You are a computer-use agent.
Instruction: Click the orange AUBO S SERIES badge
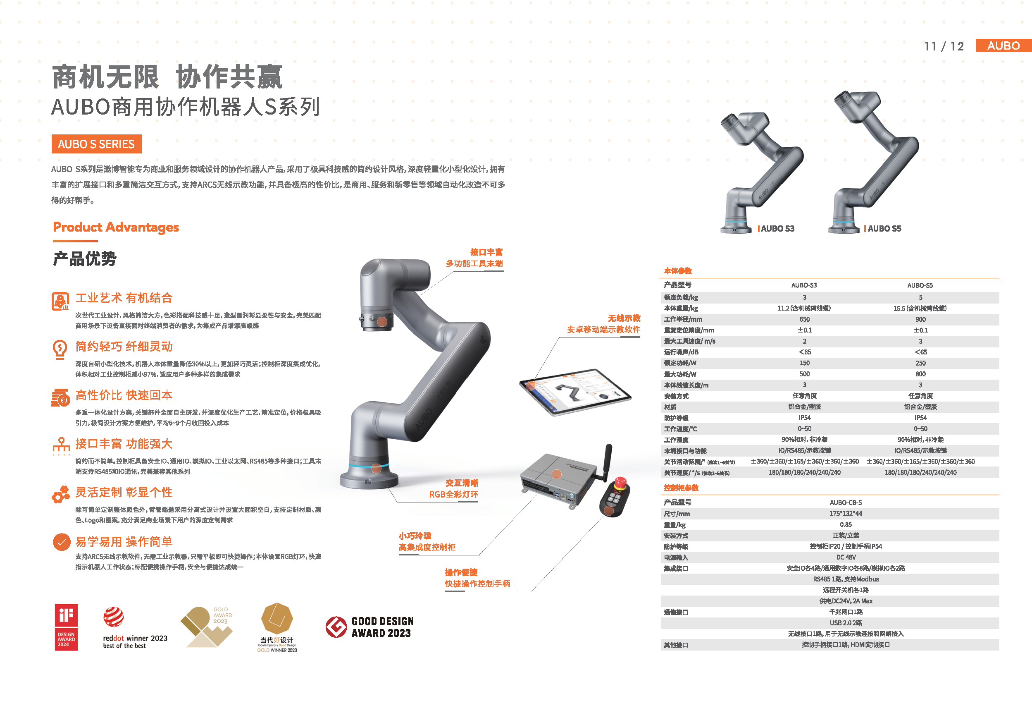click(x=96, y=144)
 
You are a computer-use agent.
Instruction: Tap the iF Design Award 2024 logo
click(x=66, y=627)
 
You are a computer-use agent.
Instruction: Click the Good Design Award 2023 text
click(x=382, y=627)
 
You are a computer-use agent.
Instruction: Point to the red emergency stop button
click(x=620, y=482)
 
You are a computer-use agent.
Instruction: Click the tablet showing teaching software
click(x=575, y=391)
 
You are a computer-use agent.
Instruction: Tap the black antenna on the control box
click(x=607, y=462)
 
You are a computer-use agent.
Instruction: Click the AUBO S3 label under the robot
click(x=777, y=228)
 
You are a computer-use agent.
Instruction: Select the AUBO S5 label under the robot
click(x=884, y=228)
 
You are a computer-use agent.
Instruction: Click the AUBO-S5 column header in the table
click(x=920, y=285)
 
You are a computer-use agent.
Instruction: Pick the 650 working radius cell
click(x=804, y=319)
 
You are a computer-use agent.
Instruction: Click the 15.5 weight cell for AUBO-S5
click(x=920, y=308)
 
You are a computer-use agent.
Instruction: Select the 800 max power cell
click(x=920, y=373)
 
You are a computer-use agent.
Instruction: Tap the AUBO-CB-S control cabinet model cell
click(x=846, y=502)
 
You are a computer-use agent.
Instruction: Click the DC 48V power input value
click(x=846, y=557)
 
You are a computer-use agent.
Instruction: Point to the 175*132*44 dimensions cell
click(x=846, y=513)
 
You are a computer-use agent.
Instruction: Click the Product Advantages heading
click(x=116, y=227)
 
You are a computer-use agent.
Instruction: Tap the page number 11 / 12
click(x=944, y=46)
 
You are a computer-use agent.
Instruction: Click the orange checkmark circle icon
click(x=62, y=541)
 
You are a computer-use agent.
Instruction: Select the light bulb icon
click(x=60, y=349)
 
